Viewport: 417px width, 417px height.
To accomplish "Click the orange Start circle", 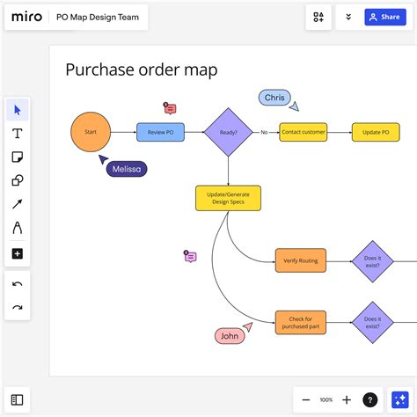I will pyautogui.click(x=91, y=132).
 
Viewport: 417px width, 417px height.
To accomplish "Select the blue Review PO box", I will pyautogui.click(x=160, y=132).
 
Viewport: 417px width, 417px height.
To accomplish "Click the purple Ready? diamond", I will pyautogui.click(x=227, y=132).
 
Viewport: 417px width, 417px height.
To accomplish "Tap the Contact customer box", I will pyautogui.click(x=304, y=132).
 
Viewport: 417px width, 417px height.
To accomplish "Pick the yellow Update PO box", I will pyautogui.click(x=376, y=132).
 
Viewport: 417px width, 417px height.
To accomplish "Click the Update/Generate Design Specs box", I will pyautogui.click(x=227, y=197).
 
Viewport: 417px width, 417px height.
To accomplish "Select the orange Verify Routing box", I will pyautogui.click(x=300, y=260).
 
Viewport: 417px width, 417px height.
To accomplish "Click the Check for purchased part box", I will pyautogui.click(x=300, y=322).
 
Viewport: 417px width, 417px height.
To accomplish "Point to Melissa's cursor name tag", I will pyautogui.click(x=127, y=169).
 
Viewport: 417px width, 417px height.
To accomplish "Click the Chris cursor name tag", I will pyautogui.click(x=274, y=97).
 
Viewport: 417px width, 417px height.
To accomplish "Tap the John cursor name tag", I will pyautogui.click(x=229, y=335).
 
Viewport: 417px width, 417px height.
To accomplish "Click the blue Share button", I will pyautogui.click(x=384, y=17).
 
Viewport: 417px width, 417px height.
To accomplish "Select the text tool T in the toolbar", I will pyautogui.click(x=18, y=134).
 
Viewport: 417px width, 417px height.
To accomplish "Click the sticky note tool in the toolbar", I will pyautogui.click(x=18, y=157).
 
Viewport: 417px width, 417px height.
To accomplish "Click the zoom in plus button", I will pyautogui.click(x=347, y=399).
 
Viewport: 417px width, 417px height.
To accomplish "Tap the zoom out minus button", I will pyautogui.click(x=305, y=399).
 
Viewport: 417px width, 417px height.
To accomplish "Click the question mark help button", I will pyautogui.click(x=370, y=399).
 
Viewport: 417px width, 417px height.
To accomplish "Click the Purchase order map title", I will pyautogui.click(x=141, y=69).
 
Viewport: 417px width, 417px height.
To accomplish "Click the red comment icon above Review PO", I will pyautogui.click(x=171, y=108).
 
